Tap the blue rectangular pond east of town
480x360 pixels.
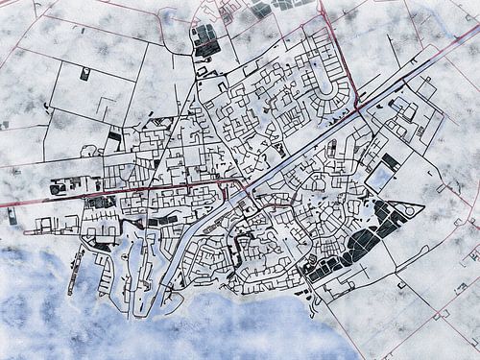pos(380,178)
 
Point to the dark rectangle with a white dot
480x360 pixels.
pos(85,74)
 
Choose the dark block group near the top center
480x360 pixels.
pos(204,38)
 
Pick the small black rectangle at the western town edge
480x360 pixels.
pos(113,140)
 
